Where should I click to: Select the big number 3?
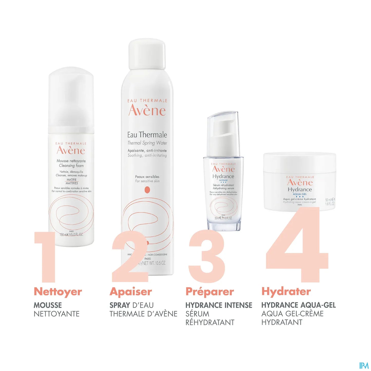[207, 257]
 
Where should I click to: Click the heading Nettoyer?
[58, 292]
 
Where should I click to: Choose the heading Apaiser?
[131, 292]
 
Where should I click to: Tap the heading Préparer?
[210, 292]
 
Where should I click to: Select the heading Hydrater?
[286, 291]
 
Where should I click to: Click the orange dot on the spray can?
[147, 190]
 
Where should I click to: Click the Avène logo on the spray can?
[147, 110]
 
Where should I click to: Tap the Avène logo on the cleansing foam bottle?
[71, 150]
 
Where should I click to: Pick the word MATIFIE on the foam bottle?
[72, 180]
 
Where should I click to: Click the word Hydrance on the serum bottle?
[223, 176]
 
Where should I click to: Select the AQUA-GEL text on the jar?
[300, 194]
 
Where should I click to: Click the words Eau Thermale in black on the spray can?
[147, 135]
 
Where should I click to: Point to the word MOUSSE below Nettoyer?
[48, 305]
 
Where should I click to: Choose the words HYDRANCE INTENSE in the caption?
[219, 305]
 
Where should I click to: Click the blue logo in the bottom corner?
[364, 365]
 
